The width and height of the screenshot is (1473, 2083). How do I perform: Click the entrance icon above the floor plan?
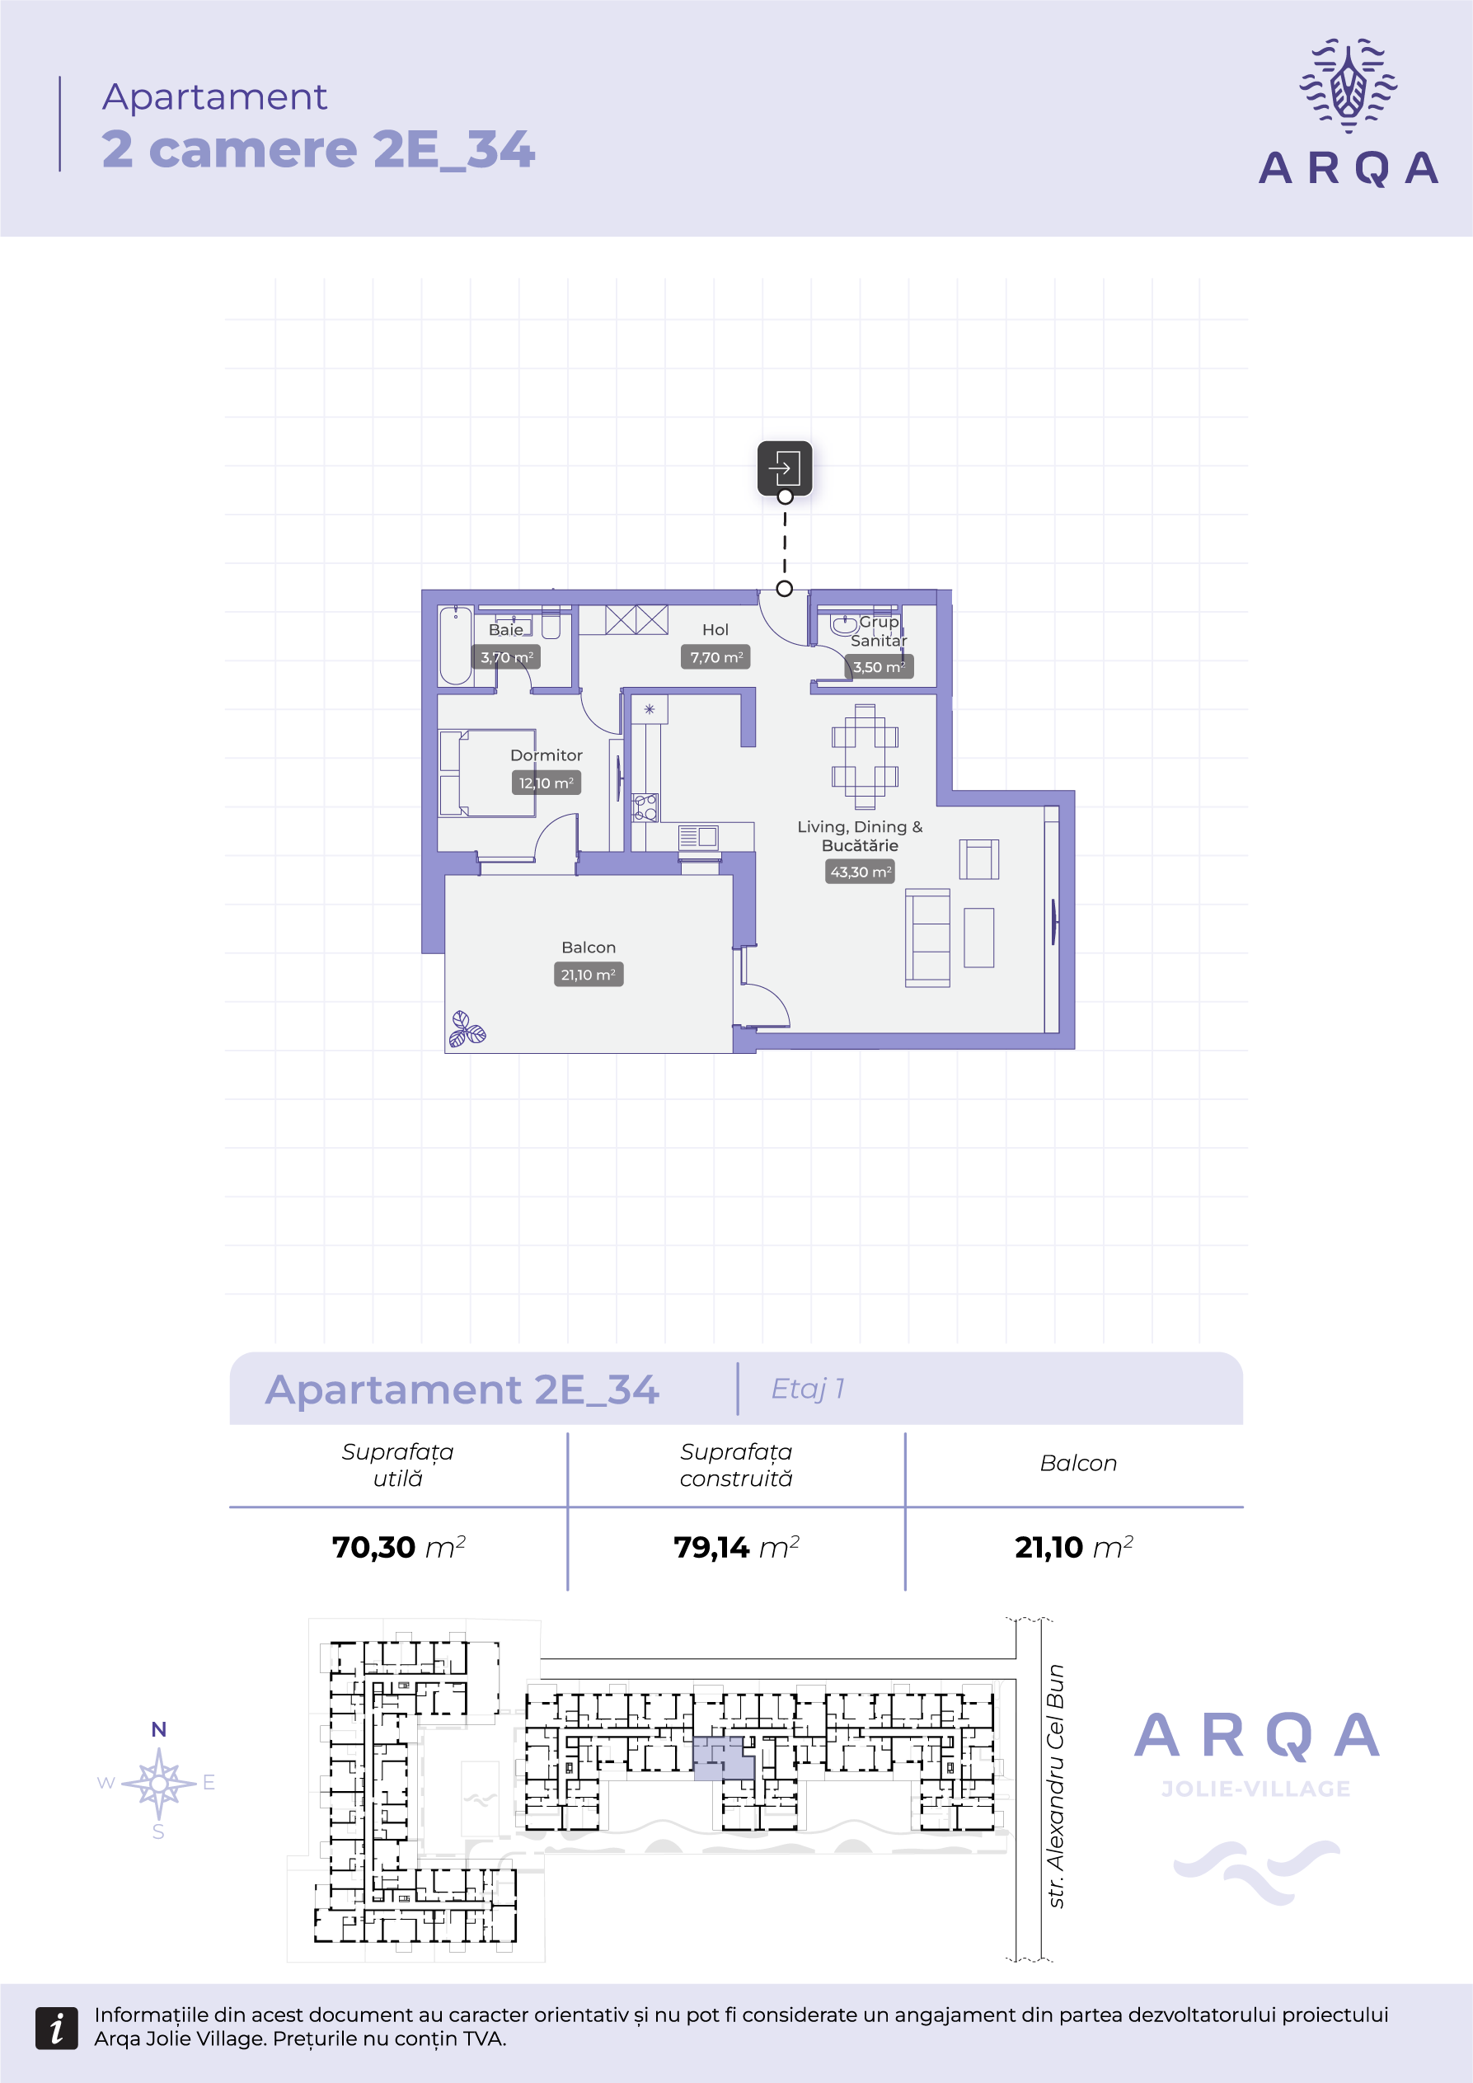[x=785, y=468]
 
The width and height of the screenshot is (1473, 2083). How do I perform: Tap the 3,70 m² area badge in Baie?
[x=506, y=657]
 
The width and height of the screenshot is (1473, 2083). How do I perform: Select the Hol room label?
[x=715, y=630]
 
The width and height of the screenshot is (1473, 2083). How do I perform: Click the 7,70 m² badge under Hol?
[x=715, y=657]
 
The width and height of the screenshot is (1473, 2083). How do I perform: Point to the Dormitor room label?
[x=546, y=755]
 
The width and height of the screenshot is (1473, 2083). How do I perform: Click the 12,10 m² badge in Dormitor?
[x=546, y=783]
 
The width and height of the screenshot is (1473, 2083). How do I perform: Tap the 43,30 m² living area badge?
[x=860, y=872]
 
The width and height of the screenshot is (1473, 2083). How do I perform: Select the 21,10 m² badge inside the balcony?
[x=588, y=975]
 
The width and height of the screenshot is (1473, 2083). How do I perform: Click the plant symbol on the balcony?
[x=467, y=1030]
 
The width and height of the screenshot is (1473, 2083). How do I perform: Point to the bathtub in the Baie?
[x=455, y=645]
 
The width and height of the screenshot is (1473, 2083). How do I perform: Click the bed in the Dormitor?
[x=487, y=773]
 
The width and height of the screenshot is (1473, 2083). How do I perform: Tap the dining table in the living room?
[x=865, y=757]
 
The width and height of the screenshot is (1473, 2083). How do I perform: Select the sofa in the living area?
[x=927, y=937]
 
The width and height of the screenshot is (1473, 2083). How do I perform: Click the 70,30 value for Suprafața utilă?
[x=373, y=1547]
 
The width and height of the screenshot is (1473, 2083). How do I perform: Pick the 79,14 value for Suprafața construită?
[x=711, y=1547]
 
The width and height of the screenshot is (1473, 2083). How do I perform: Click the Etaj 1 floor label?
[x=807, y=1388]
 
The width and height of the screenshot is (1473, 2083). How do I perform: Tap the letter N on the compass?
[x=159, y=1729]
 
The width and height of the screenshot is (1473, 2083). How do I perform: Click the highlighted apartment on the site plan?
[x=723, y=1758]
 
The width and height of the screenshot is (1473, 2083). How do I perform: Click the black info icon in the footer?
[x=56, y=2028]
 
